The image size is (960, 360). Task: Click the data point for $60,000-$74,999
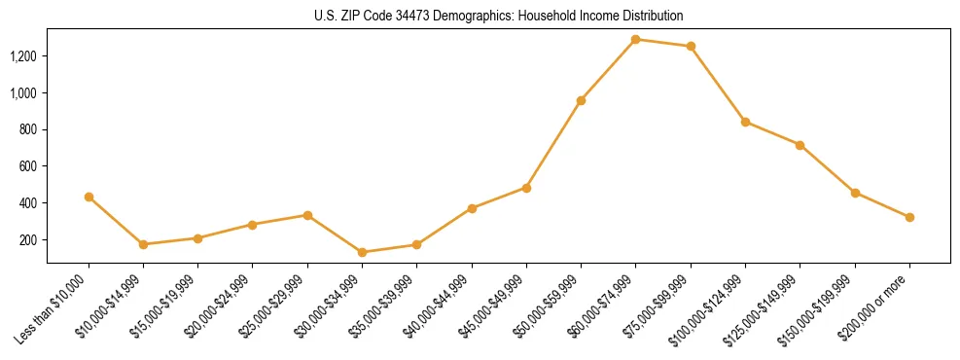click(635, 40)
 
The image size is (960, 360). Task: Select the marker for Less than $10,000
click(89, 197)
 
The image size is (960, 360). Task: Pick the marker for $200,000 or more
click(909, 217)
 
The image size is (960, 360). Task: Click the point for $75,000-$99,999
click(691, 46)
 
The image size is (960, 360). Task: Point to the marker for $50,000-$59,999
click(581, 100)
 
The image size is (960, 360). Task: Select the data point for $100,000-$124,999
click(745, 122)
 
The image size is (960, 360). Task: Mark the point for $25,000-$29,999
click(307, 215)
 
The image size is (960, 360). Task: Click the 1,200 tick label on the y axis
click(22, 56)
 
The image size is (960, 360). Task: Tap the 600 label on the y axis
click(28, 166)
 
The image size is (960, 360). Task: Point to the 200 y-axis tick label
click(28, 239)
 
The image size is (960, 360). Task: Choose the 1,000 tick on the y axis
click(22, 93)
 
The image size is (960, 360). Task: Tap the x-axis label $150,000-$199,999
click(819, 306)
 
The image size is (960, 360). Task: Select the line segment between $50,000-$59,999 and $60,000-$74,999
click(608, 70)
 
